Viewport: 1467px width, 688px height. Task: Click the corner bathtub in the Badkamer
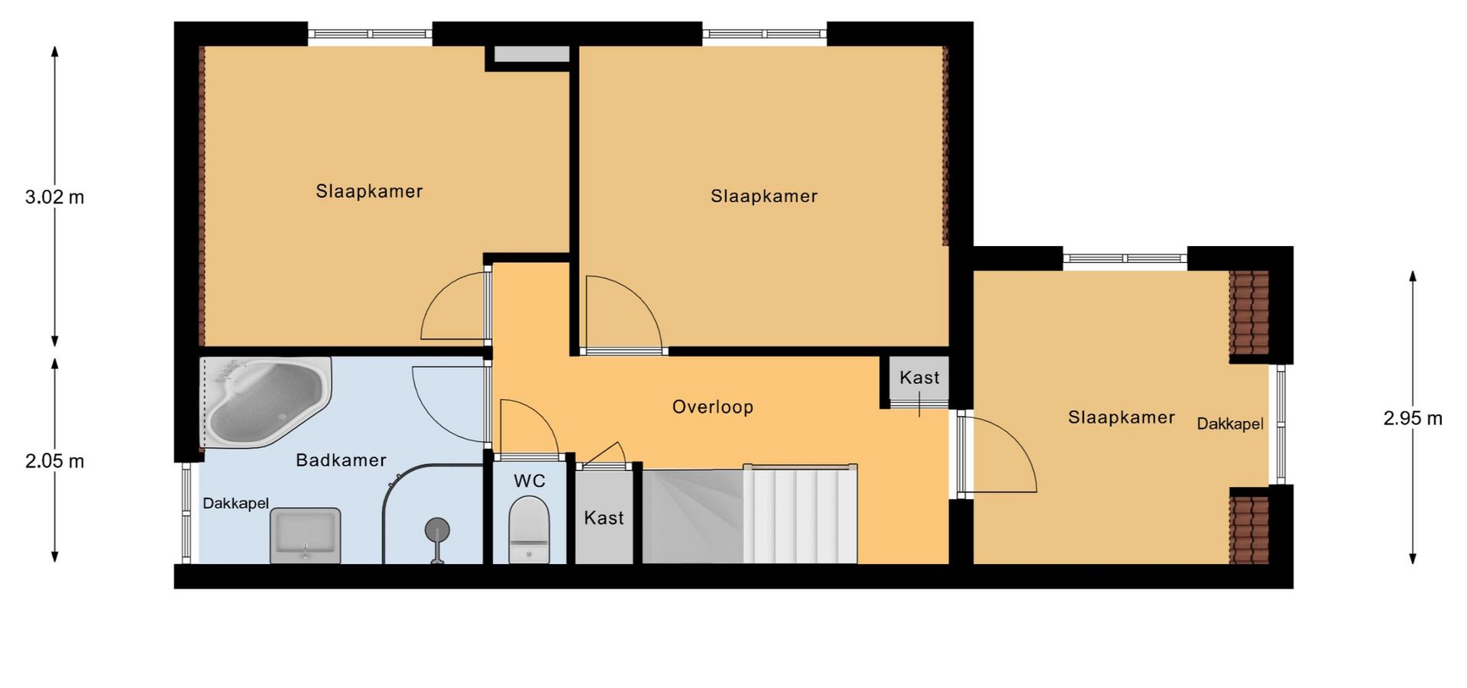(x=265, y=401)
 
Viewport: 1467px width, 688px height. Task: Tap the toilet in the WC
(x=529, y=530)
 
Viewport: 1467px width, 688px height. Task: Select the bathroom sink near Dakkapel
(x=305, y=535)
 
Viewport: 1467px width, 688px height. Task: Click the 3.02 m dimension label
(x=55, y=197)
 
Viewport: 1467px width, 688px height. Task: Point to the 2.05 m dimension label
(x=55, y=461)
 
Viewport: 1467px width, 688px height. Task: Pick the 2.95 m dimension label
(x=1413, y=418)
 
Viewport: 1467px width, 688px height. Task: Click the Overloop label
(x=713, y=407)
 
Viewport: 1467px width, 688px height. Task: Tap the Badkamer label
(x=341, y=460)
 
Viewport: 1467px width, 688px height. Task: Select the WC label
(x=529, y=481)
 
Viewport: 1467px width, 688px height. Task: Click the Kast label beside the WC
(x=604, y=518)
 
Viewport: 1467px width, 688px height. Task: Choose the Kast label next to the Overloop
(x=919, y=378)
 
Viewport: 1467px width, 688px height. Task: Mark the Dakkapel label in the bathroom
(x=235, y=503)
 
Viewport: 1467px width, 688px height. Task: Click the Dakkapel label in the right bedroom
(x=1230, y=424)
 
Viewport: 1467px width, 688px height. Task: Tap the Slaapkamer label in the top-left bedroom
(x=369, y=191)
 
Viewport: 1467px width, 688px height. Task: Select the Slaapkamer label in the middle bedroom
(x=764, y=196)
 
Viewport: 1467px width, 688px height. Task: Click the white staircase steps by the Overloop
(x=800, y=514)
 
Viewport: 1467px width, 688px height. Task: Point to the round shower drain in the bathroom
(x=437, y=529)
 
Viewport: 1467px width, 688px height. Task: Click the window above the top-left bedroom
(x=370, y=34)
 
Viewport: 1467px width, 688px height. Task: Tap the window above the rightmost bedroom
(x=1125, y=258)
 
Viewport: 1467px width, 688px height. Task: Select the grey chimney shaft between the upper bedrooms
(x=531, y=54)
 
